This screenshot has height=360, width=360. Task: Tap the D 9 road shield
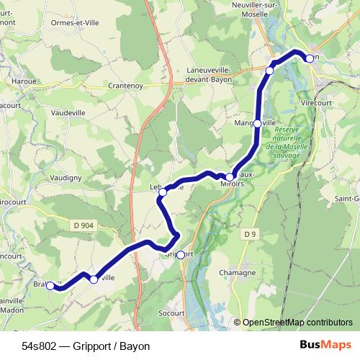pos(250,234)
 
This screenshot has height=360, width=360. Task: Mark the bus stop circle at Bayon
pos(309,58)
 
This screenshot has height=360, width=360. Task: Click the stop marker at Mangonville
pos(258,123)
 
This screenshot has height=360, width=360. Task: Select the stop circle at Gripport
pos(180,254)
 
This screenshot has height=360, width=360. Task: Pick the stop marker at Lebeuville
pos(163,192)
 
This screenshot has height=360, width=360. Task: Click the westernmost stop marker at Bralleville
pos(50,285)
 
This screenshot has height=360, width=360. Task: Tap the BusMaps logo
pos(325,346)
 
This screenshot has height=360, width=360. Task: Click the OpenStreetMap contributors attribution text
pos(298,323)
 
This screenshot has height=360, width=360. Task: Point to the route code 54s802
pos(40,346)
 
